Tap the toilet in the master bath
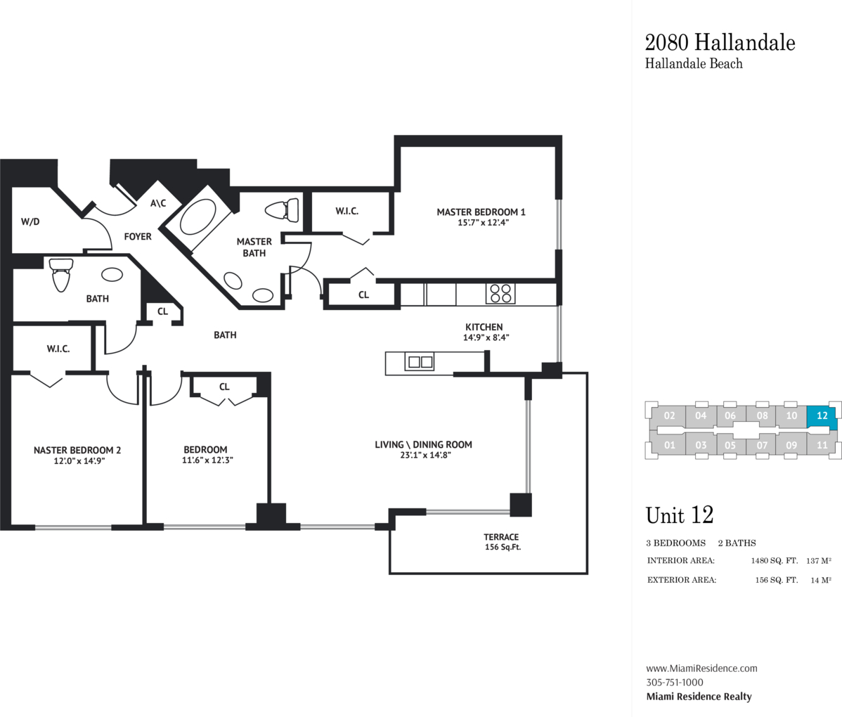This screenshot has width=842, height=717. click(283, 210)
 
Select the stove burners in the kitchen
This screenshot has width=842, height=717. click(500, 294)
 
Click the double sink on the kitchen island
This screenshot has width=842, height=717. click(420, 362)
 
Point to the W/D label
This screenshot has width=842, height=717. click(30, 222)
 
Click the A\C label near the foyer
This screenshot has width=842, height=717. click(158, 203)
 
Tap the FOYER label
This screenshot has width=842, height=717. click(138, 236)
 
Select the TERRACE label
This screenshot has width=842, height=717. click(501, 536)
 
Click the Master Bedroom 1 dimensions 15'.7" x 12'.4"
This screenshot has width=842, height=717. click(483, 222)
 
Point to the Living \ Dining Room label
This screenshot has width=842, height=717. click(423, 445)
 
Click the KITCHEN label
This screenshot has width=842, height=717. click(484, 327)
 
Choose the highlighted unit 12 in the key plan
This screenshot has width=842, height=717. click(822, 416)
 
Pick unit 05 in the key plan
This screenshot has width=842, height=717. click(730, 445)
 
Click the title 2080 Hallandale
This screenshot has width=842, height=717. click(720, 42)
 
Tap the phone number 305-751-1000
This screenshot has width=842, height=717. click(675, 683)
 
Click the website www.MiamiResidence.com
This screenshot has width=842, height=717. click(701, 668)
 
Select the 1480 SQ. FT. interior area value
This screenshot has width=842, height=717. click(775, 561)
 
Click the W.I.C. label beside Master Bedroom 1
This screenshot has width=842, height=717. click(347, 211)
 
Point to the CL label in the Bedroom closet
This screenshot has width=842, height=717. click(224, 387)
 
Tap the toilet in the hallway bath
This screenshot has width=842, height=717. click(60, 274)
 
